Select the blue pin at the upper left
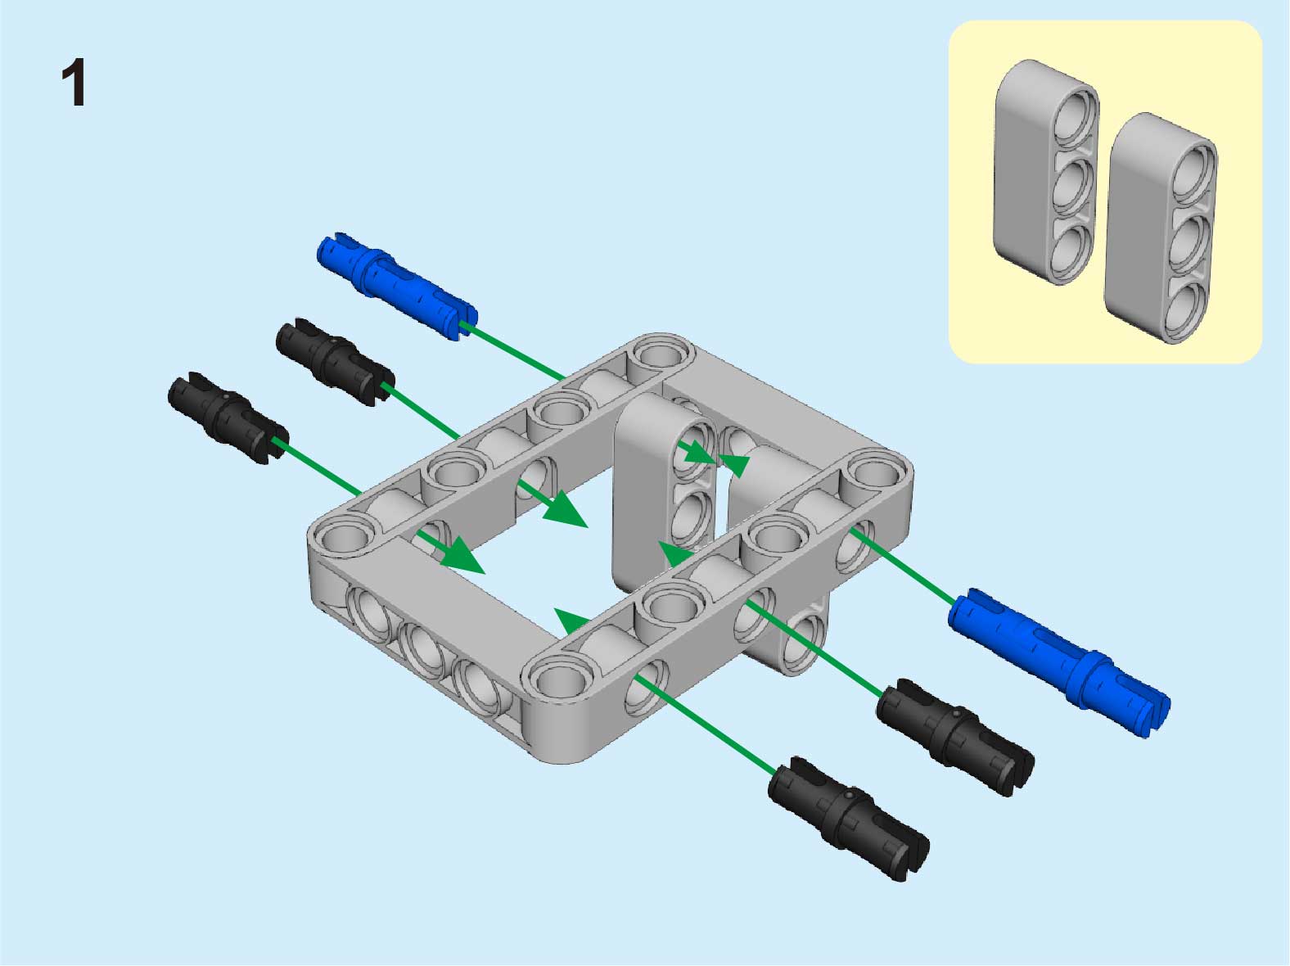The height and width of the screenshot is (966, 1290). [397, 286]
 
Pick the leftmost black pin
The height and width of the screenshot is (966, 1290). [228, 418]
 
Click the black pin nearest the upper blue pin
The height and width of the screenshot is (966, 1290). [335, 363]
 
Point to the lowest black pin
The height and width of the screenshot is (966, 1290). [848, 819]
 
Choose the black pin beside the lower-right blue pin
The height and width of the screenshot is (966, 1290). [955, 737]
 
